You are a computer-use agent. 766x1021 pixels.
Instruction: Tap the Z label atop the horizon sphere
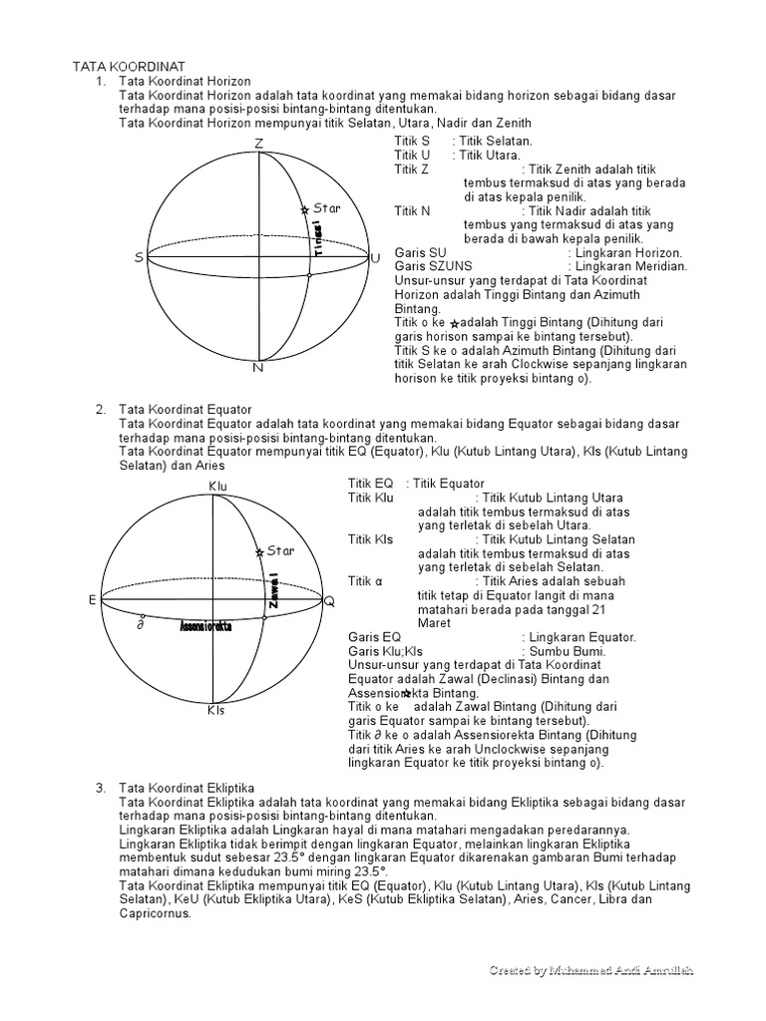pyautogui.click(x=258, y=145)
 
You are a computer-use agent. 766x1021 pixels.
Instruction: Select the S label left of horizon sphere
pyautogui.click(x=139, y=258)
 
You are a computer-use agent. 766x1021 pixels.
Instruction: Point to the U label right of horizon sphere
pyautogui.click(x=375, y=258)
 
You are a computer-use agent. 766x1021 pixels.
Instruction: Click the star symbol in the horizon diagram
pyautogui.click(x=304, y=209)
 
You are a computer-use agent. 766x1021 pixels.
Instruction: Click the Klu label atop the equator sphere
pyautogui.click(x=218, y=486)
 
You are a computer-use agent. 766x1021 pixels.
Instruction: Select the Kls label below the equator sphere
pyautogui.click(x=216, y=711)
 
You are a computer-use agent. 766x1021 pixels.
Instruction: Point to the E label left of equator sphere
pyautogui.click(x=92, y=600)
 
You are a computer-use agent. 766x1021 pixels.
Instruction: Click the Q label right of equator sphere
pyautogui.click(x=329, y=601)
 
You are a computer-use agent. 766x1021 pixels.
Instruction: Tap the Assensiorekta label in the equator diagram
pyautogui.click(x=205, y=627)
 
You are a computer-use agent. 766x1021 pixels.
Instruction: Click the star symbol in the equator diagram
pyautogui.click(x=259, y=551)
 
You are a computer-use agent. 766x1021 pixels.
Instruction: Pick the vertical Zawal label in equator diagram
pyautogui.click(x=272, y=590)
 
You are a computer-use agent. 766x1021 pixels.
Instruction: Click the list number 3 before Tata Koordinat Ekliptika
pyautogui.click(x=101, y=788)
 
